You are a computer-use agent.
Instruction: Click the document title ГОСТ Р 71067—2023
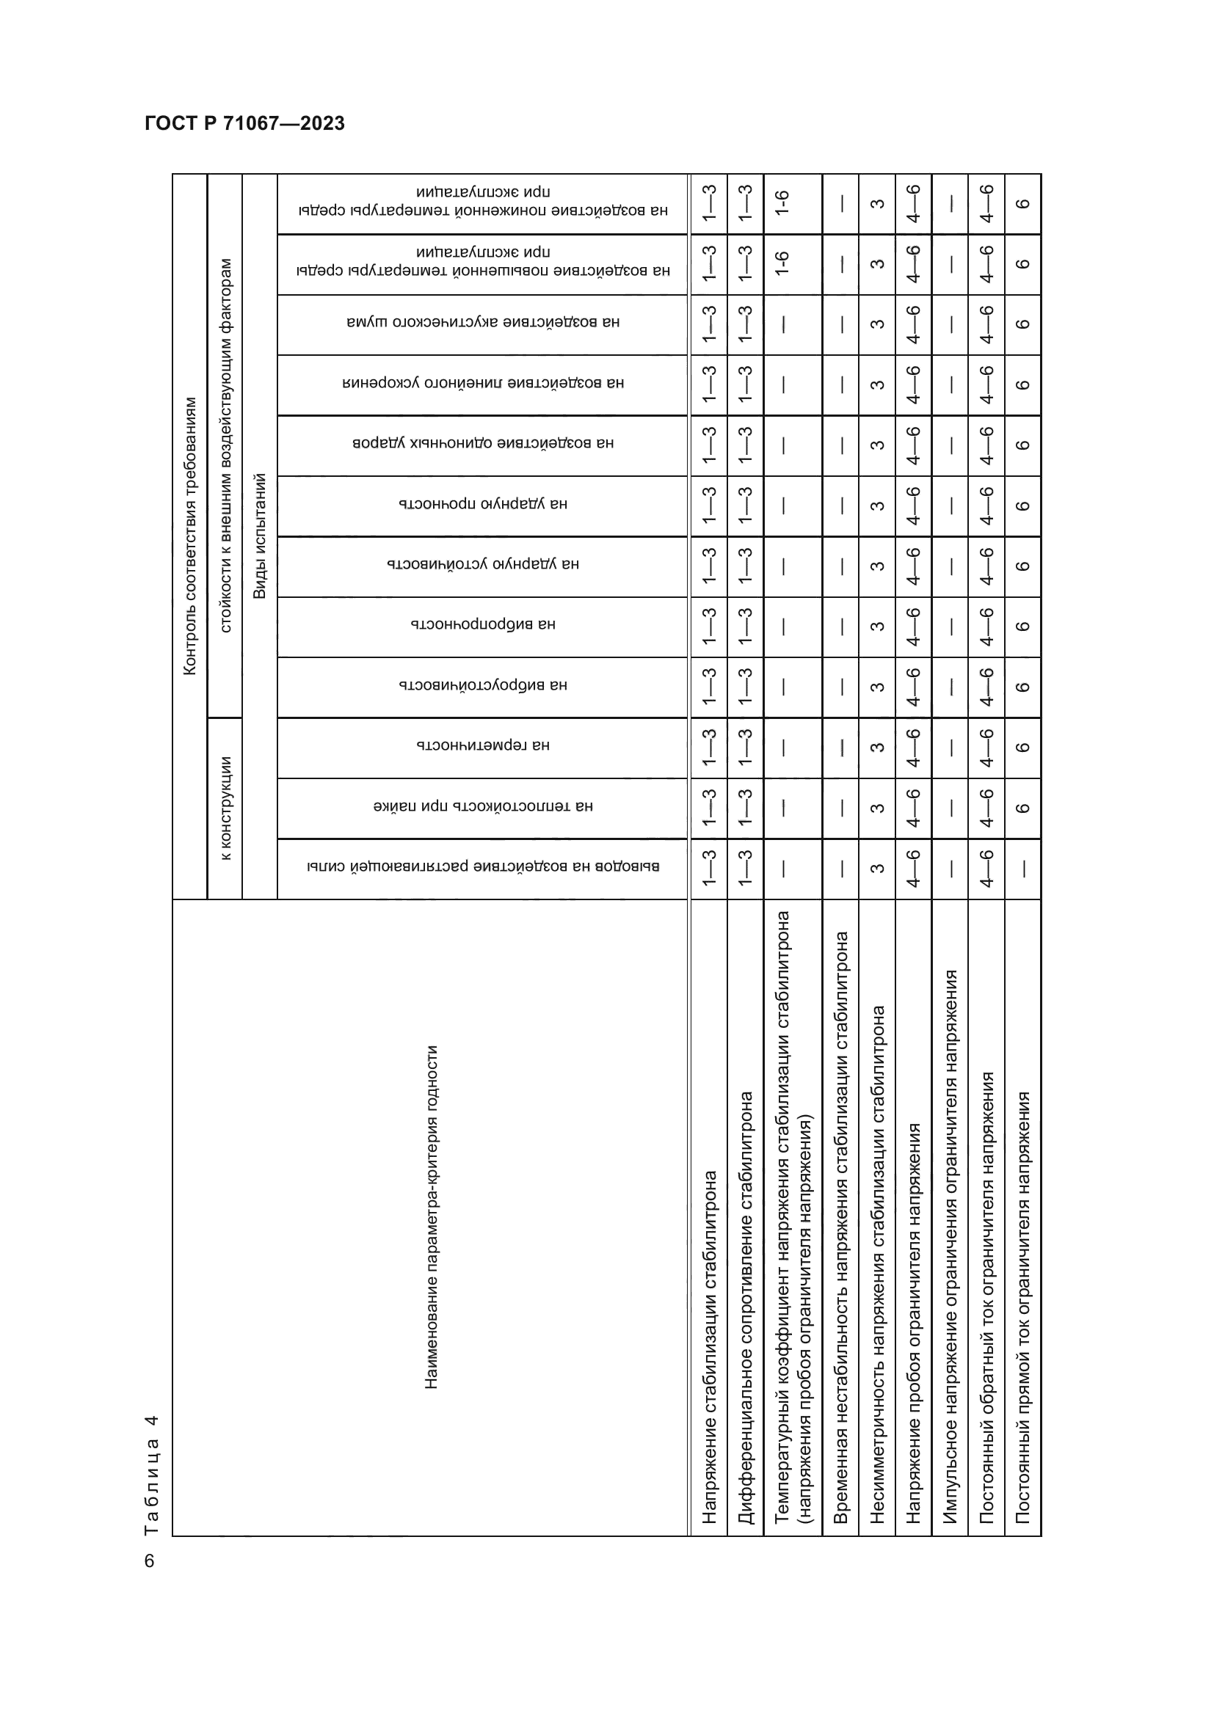[x=244, y=123]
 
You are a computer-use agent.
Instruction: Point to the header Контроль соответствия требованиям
[x=190, y=535]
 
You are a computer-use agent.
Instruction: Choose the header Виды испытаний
[x=259, y=535]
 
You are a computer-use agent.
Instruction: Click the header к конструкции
[x=226, y=808]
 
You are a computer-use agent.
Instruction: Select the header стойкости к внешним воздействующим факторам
[x=226, y=445]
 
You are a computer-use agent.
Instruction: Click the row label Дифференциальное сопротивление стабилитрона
[x=745, y=1307]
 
